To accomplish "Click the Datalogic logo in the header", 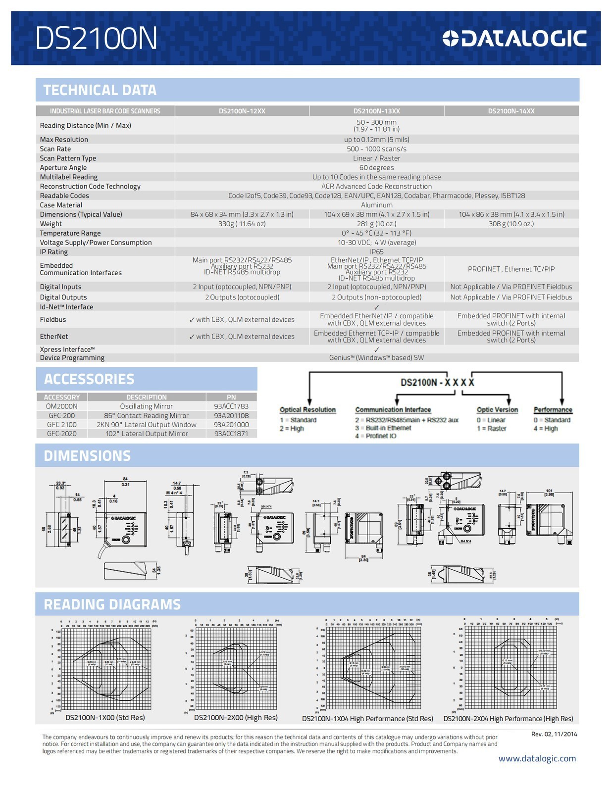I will click(x=514, y=39).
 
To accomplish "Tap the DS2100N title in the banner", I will click(x=96, y=39).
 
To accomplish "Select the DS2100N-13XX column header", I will click(x=376, y=111).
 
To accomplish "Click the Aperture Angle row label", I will click(x=63, y=168).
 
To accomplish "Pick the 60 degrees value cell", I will click(x=376, y=168).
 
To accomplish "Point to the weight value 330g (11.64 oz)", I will click(x=242, y=224).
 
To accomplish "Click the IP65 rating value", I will click(x=376, y=252).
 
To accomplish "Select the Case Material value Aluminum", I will click(x=376, y=205).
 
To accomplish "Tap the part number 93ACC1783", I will click(x=231, y=406).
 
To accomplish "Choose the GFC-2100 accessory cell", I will click(x=62, y=425).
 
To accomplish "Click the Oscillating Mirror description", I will click(x=146, y=406).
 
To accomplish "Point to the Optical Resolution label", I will click(x=307, y=410).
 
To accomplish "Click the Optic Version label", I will click(x=497, y=410).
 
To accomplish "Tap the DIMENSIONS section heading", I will click(x=87, y=456).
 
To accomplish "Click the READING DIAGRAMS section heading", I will click(x=112, y=604).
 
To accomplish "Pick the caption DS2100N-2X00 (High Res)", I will click(x=236, y=718).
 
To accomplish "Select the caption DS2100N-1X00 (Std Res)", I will click(x=105, y=718).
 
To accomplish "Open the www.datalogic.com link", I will click(x=537, y=759).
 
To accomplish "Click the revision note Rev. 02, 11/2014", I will click(x=554, y=734).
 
